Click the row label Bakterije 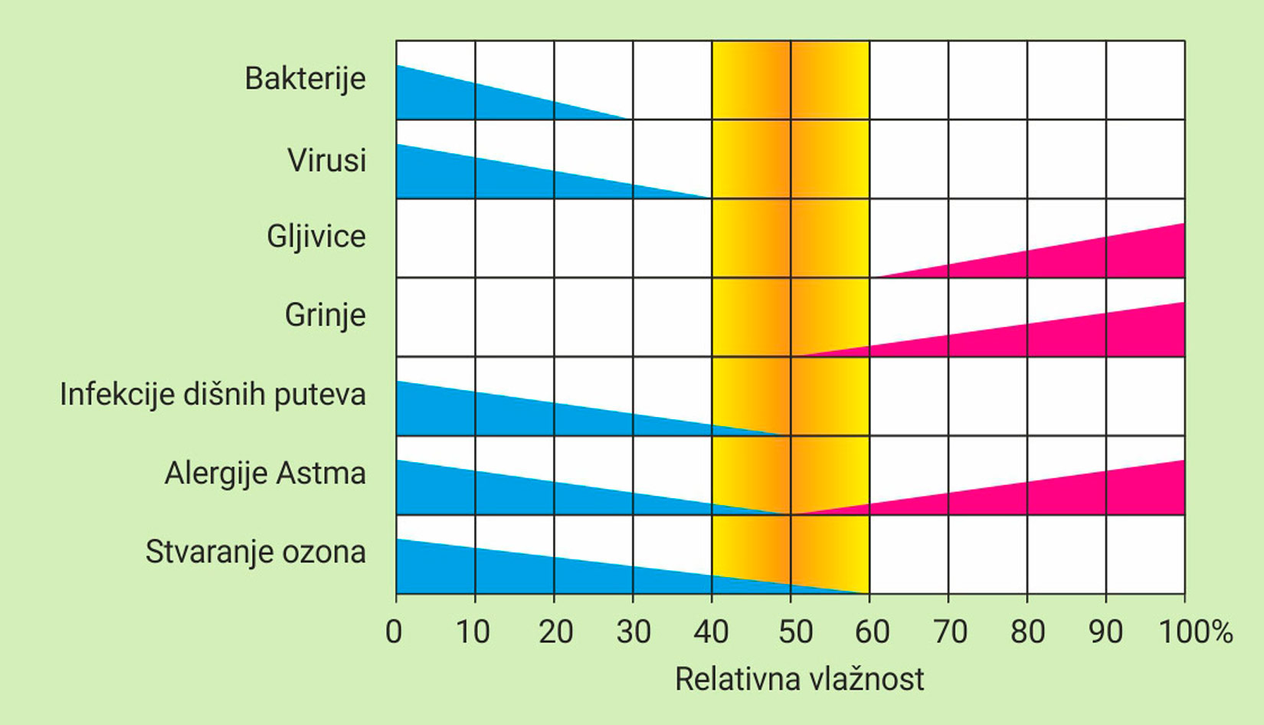click(x=305, y=79)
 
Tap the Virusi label click(x=326, y=161)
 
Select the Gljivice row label click(x=316, y=236)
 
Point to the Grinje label click(x=325, y=315)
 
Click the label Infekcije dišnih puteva click(x=212, y=395)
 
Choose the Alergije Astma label click(x=264, y=474)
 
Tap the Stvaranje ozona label click(x=255, y=553)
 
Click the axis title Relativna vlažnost click(x=799, y=679)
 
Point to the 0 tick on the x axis click(x=394, y=632)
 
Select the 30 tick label click(x=634, y=632)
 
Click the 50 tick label click(x=795, y=632)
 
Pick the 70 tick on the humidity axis click(x=951, y=632)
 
